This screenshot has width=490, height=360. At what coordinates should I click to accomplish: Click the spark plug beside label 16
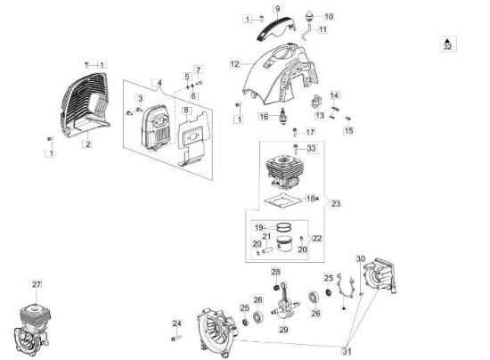pyautogui.click(x=283, y=116)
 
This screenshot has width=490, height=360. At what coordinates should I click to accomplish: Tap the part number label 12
pyautogui.click(x=234, y=64)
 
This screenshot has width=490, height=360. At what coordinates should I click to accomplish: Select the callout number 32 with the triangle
pyautogui.click(x=447, y=44)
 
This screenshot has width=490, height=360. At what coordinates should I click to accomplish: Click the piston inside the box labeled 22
pyautogui.click(x=284, y=244)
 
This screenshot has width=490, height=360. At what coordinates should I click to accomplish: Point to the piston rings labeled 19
pyautogui.click(x=283, y=226)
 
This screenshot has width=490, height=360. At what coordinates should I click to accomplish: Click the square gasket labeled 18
pyautogui.click(x=282, y=200)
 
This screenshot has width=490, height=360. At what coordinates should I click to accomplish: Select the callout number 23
pyautogui.click(x=336, y=204)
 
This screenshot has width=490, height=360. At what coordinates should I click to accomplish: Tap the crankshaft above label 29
pyautogui.click(x=285, y=301)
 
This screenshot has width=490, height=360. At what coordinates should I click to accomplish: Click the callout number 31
pyautogui.click(x=347, y=351)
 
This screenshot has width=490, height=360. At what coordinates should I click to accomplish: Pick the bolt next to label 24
pyautogui.click(x=176, y=338)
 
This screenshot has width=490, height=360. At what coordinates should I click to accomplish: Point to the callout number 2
pyautogui.click(x=88, y=144)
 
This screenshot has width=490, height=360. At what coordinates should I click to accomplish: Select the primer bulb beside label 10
pyautogui.click(x=309, y=16)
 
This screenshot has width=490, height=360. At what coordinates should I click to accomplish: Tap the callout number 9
pyautogui.click(x=277, y=8)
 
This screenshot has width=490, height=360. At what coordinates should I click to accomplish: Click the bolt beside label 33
pyautogui.click(x=295, y=149)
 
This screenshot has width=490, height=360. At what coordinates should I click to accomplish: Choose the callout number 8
pyautogui.click(x=186, y=110)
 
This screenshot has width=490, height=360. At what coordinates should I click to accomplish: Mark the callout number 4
pyautogui.click(x=159, y=83)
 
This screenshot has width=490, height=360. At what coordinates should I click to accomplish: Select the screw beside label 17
pyautogui.click(x=295, y=132)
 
